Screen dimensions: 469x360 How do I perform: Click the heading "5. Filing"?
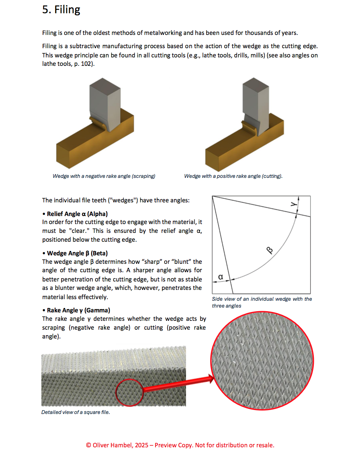tap(61, 10)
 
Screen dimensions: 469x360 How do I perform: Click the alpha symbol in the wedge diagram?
tap(220, 277)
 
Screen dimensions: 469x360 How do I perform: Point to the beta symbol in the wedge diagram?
tap(270, 251)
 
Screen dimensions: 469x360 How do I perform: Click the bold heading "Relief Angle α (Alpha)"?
tap(77, 214)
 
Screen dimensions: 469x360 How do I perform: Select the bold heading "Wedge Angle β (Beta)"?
tap(77, 253)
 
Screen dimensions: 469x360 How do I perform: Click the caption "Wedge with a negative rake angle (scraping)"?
tap(104, 176)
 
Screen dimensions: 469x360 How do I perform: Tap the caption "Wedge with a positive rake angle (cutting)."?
tap(233, 176)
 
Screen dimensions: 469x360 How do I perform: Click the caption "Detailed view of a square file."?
tap(76, 412)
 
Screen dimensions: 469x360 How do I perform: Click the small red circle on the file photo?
tap(129, 392)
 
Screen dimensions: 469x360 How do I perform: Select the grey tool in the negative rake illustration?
tap(104, 100)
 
